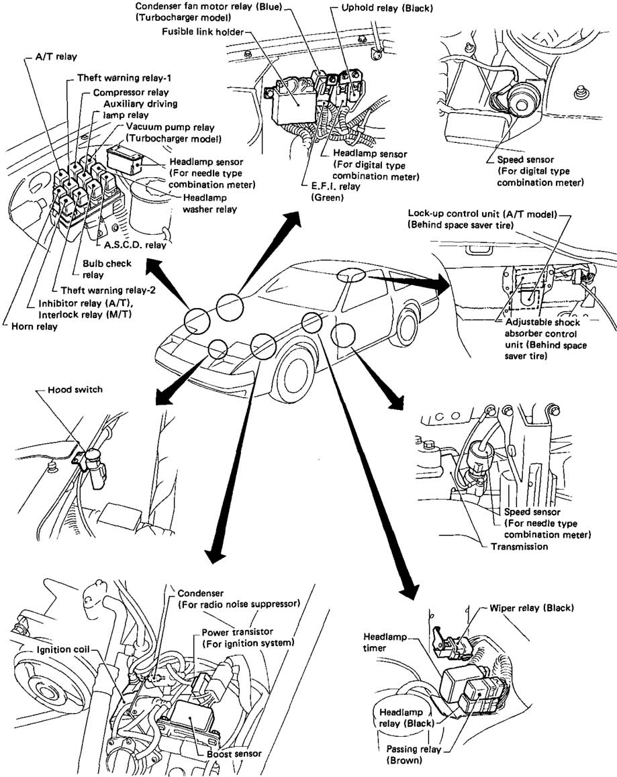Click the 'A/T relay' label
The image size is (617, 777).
tap(56, 56)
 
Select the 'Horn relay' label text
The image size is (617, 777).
tap(34, 327)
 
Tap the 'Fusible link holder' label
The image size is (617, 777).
tap(203, 32)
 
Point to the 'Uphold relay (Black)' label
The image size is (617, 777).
tap(387, 8)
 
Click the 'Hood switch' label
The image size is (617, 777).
tap(75, 389)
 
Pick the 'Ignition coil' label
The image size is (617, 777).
tap(63, 649)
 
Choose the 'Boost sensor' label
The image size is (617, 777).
tap(234, 754)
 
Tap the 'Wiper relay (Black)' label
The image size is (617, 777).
tap(532, 607)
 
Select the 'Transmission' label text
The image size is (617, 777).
tap(519, 546)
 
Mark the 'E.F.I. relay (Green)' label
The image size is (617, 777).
tap(335, 192)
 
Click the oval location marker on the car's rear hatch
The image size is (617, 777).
tap(351, 274)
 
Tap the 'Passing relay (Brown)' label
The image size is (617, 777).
tap(413, 755)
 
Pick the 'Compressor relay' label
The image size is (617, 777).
tap(131, 92)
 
